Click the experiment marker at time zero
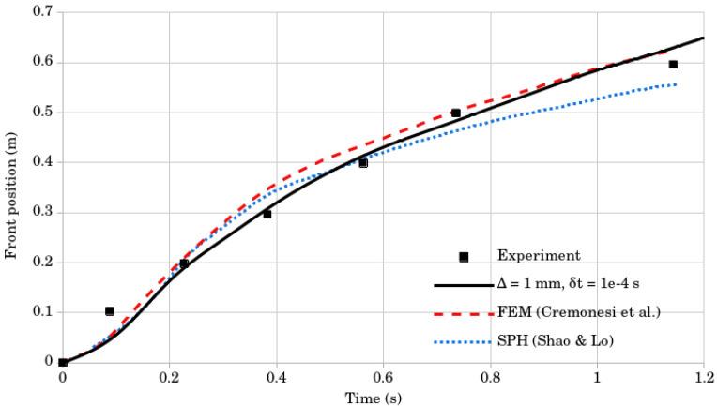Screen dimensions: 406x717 (63, 362)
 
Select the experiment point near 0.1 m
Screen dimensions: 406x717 (110, 311)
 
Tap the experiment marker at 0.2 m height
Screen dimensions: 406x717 (184, 263)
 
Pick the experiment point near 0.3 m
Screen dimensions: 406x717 (267, 214)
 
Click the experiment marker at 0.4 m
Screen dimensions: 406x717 (363, 162)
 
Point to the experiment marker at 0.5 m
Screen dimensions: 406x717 (456, 113)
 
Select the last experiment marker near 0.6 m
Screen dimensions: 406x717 (673, 64)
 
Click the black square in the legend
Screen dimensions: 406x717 (464, 256)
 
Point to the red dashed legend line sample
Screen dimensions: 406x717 (462, 313)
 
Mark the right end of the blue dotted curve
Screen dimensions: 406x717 (676, 84)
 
